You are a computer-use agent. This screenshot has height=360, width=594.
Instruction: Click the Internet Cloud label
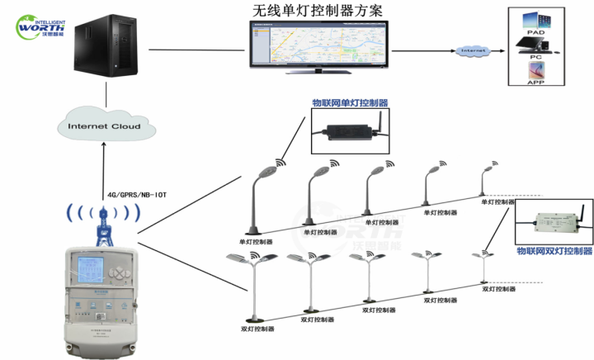[x=103, y=126]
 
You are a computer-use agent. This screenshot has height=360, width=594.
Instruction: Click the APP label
[x=536, y=83]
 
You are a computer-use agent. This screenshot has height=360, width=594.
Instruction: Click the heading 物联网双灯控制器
[x=554, y=249]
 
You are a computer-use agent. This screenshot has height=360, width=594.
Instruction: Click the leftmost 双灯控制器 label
[x=257, y=329]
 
